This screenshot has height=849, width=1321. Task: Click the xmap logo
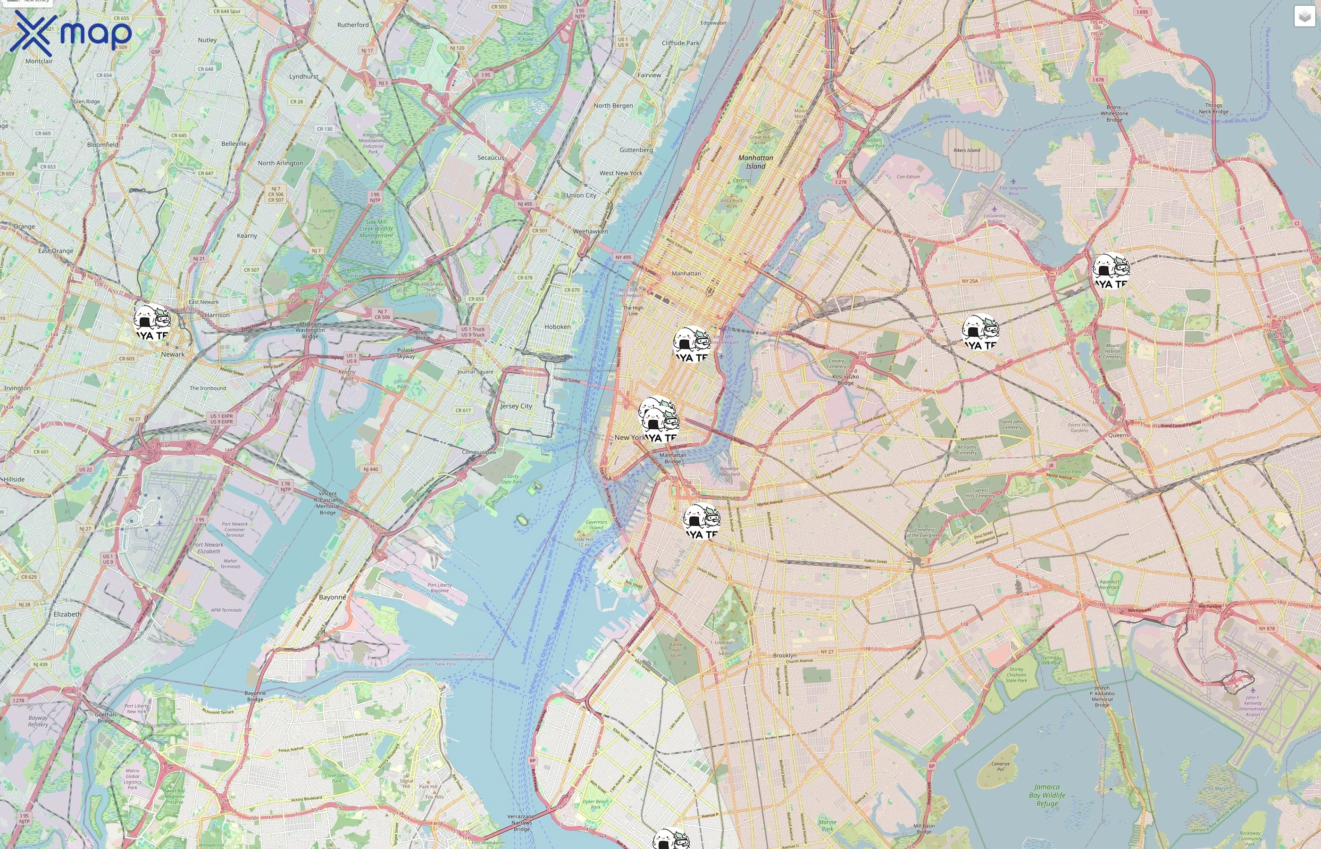coord(71,33)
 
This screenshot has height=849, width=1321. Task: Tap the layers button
coord(1304,17)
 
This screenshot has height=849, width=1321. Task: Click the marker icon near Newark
coord(152,322)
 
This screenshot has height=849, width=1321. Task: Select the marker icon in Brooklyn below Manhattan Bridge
coord(701,520)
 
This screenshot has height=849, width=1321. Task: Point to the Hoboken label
coord(557,327)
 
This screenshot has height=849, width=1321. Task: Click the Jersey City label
coord(516,406)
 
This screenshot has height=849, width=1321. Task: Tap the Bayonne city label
coord(333,597)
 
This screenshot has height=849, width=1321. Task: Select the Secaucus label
coord(490,158)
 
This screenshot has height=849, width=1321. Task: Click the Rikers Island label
coord(967,150)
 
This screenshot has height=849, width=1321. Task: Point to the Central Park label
coord(742,183)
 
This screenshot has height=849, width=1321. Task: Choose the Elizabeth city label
coord(67,614)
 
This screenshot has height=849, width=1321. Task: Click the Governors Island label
coord(596,525)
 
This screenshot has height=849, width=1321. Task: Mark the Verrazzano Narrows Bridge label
coord(521,823)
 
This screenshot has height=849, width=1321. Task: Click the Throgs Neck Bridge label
coord(1213,108)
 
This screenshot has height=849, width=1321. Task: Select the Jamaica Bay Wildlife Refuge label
coord(1046,795)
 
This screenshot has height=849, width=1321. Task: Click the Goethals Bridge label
coord(105,717)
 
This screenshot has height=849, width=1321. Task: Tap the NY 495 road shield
coord(623,258)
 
